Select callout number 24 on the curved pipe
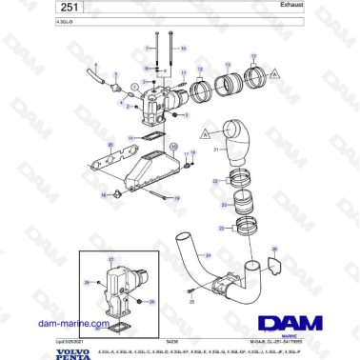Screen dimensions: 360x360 205,255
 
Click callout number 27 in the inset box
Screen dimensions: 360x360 111,257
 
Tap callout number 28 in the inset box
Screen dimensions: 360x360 86,282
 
